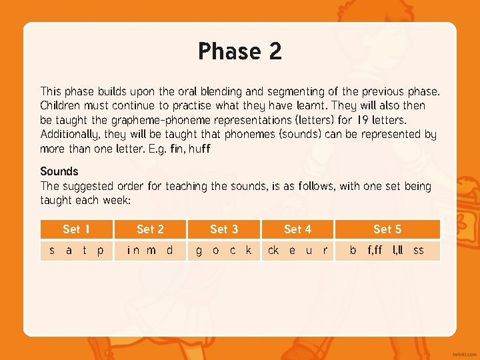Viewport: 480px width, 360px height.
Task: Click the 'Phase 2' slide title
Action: coord(239,51)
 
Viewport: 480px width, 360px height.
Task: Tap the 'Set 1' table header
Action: coord(77,229)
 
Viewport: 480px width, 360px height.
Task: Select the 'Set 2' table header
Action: coord(150,229)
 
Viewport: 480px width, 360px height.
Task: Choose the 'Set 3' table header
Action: coord(224,229)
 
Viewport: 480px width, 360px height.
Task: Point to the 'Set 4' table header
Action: coord(297,229)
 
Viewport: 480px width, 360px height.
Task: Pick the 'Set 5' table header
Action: coord(387,229)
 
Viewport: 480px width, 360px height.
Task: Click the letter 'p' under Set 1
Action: coord(100,251)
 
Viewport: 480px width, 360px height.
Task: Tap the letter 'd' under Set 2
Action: coord(169,251)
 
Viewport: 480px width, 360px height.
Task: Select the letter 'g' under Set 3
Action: coord(198,251)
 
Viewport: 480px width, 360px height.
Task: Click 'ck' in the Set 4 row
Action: coord(273,251)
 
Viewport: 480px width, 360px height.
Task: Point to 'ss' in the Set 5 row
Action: coord(419,251)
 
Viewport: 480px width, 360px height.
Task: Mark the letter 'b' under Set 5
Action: coord(353,251)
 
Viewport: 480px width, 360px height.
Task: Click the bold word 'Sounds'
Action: coord(59,171)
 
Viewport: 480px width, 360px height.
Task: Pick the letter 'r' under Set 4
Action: coord(325,251)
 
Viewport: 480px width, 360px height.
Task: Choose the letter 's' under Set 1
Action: coord(52,251)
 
